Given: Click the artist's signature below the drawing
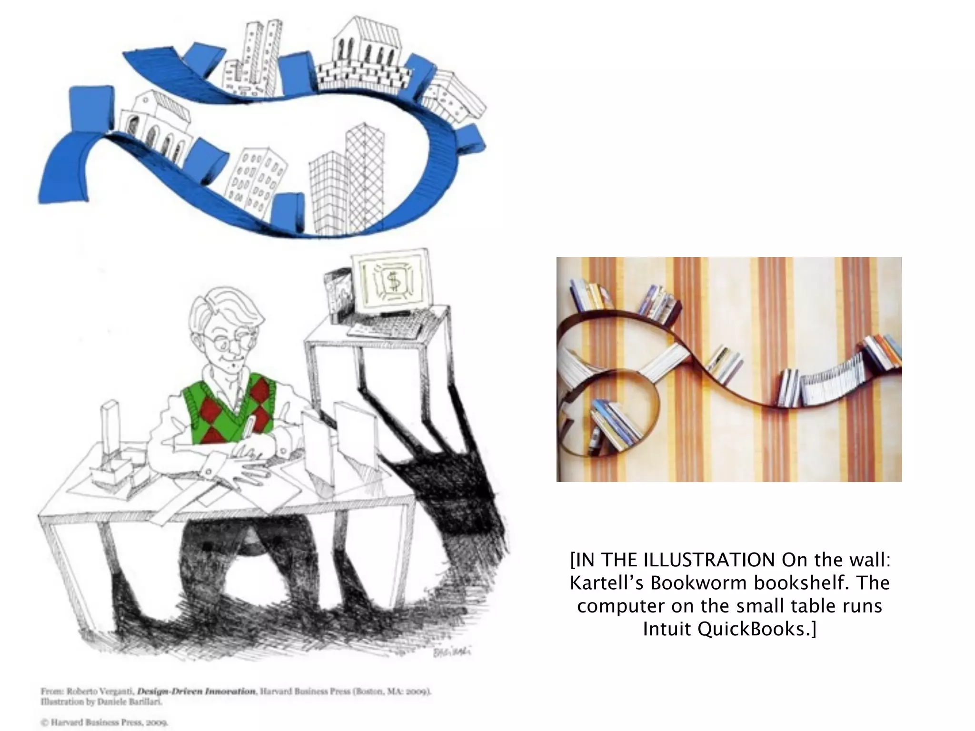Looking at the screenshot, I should (451, 652).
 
